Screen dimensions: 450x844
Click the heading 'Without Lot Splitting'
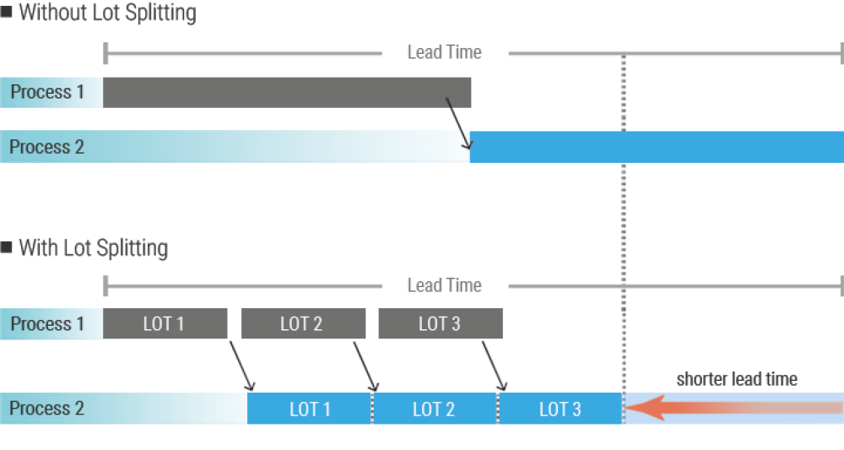107,13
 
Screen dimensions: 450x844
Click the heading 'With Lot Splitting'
93,247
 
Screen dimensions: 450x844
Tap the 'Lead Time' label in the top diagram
444,52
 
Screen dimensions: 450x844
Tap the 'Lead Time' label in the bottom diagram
444,285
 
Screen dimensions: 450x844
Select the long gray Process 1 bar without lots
287,92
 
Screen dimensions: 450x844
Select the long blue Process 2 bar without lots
657,146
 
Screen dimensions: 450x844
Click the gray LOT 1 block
165,323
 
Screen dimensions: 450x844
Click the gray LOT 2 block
303,323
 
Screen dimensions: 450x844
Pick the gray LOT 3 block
441,323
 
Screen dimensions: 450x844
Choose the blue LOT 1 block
310,409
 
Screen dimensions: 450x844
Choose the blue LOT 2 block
434,409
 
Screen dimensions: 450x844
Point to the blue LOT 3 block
560,409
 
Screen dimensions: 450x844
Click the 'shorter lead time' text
736,379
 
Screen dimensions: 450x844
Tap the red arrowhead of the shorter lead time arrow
640,409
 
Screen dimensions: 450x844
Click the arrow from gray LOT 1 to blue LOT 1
241,365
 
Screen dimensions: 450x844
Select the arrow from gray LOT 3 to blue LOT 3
492,365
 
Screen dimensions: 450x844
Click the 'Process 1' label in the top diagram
47,92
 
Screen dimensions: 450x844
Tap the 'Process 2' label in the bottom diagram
47,409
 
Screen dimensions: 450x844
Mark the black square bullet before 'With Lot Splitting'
7,247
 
